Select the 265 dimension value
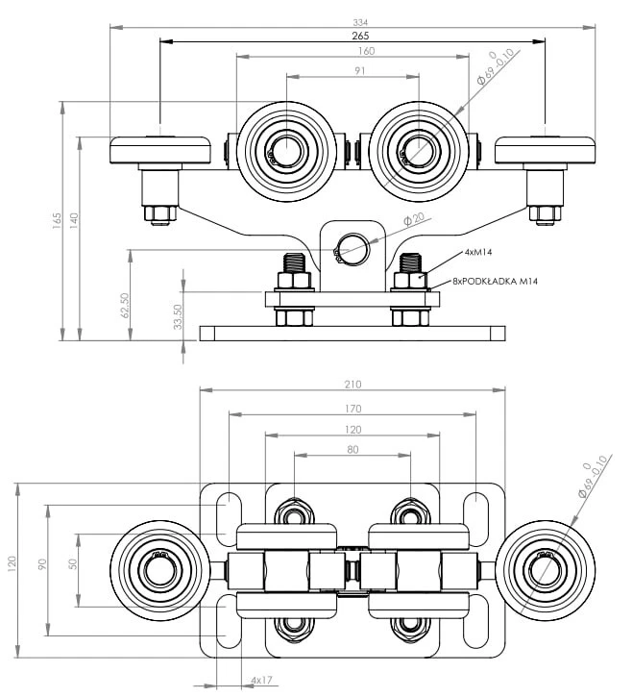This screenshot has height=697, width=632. (352, 37)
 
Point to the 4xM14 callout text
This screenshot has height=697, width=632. (478, 252)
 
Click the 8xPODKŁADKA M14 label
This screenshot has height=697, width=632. (496, 281)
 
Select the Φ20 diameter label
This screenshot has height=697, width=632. (414, 220)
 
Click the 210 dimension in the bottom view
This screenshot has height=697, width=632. (352, 385)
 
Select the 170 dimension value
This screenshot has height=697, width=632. (352, 408)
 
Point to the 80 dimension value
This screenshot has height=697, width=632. (352, 449)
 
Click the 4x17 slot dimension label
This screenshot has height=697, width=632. (261, 681)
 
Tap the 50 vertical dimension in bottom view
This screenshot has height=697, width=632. (73, 562)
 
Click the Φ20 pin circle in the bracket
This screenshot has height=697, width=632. (354, 248)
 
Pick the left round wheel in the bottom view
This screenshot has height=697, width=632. (156, 571)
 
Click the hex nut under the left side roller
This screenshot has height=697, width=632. (160, 212)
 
